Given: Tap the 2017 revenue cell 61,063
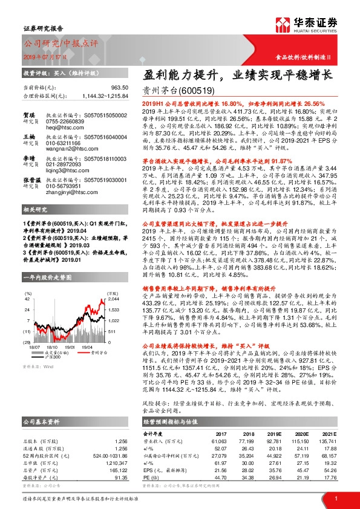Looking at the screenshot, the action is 225,441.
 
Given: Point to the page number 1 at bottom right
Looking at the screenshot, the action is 336,498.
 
